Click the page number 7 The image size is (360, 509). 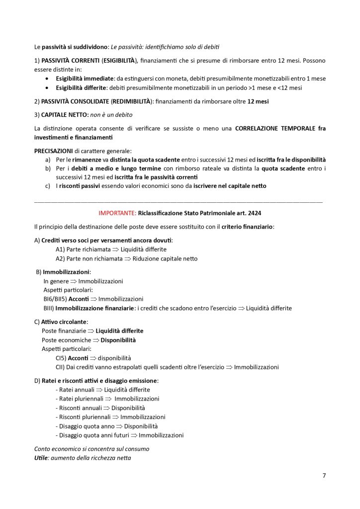click(324, 476)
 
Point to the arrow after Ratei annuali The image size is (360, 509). click(98, 390)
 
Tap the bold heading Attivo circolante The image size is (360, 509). click(64, 322)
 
